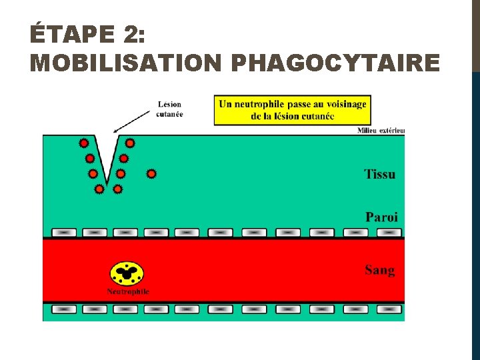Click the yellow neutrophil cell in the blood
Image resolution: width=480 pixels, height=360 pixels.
point(127,273)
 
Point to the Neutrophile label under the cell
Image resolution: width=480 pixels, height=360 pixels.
point(128,292)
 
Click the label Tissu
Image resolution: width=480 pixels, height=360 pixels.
point(379,175)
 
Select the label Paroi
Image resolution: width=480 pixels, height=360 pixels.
point(381,217)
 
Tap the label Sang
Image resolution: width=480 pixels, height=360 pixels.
point(379,270)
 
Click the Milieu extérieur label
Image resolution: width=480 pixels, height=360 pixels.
point(381,131)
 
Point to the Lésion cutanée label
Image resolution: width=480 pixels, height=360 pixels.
point(169,109)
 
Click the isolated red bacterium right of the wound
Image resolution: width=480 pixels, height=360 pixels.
point(151,174)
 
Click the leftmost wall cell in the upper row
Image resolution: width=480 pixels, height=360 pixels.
point(64,233)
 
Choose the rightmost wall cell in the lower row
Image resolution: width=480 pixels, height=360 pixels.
point(389,310)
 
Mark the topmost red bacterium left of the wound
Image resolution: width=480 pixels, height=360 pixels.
point(84,143)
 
